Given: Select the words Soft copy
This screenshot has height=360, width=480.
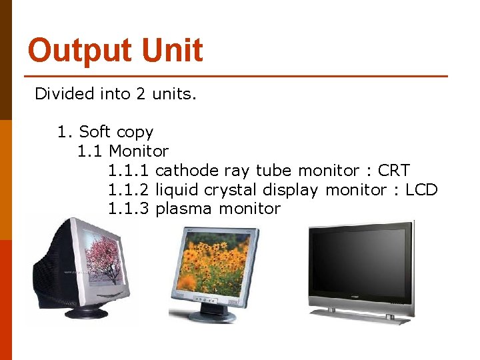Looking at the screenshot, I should pos(116,132).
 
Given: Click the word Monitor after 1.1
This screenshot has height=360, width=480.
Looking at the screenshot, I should pos(139,151).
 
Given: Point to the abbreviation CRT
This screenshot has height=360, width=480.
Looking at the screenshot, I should pos(393,171).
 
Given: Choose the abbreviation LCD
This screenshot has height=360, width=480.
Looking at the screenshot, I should pos(421,190).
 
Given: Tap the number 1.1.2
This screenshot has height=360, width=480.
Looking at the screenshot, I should pos(129,190).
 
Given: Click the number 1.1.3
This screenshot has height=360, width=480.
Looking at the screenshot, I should pos(129,209).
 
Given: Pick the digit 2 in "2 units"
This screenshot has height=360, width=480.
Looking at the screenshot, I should pos(141,94).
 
